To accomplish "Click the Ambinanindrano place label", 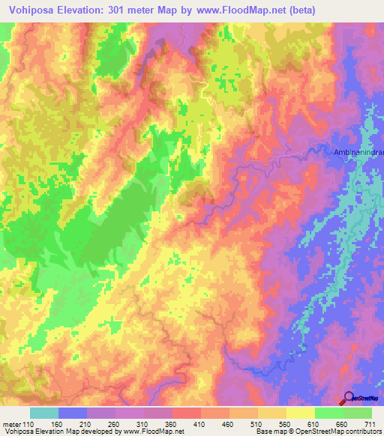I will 358,153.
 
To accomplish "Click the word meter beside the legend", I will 12,423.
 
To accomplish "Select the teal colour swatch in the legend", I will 43,413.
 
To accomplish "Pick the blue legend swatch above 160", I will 72,413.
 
